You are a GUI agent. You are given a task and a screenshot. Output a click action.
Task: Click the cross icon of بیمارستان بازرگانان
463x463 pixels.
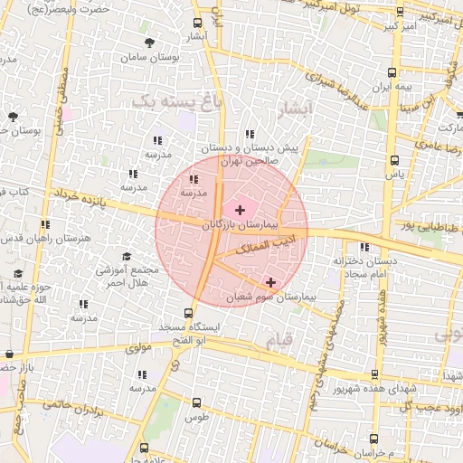pos(240,209)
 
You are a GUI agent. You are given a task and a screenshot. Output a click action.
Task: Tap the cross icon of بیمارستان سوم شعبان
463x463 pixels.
pos(270,283)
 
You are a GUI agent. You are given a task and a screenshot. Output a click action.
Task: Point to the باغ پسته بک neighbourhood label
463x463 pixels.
pos(176,100)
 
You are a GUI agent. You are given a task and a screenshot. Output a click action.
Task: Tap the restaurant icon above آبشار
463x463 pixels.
pos(199,24)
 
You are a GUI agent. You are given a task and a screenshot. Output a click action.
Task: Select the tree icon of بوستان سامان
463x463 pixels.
pos(149,42)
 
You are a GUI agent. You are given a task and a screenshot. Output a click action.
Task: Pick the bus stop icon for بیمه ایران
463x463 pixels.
pos(393,72)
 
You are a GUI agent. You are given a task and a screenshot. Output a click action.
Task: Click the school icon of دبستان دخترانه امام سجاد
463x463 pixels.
pos(364,247)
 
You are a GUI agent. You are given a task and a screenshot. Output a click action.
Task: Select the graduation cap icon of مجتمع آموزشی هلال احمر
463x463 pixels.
pos(127,257)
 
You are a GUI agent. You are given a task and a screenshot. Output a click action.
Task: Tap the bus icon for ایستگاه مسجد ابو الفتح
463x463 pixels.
pos(188,312)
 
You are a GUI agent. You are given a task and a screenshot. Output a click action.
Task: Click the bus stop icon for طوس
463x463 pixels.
pos(197,402)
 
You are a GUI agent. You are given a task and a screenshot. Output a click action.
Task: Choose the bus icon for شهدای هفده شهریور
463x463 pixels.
pos(374,373)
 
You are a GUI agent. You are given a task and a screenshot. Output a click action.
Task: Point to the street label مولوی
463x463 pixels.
pos(139,345)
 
